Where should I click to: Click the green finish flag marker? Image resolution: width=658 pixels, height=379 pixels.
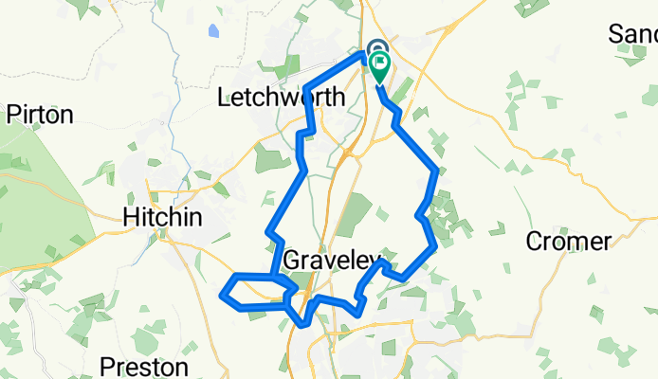380,65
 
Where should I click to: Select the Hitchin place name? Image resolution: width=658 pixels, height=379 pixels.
163,218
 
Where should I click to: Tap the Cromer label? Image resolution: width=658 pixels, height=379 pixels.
568,242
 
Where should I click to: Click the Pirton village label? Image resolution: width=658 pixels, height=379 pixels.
40,116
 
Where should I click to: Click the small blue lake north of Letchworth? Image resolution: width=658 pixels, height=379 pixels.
213,30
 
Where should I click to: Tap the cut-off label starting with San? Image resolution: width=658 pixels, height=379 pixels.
632,35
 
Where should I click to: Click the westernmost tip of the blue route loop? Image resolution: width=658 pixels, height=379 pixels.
222,296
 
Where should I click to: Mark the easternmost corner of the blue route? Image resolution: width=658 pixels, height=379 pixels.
436,171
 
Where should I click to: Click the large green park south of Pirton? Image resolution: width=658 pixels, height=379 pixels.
38,189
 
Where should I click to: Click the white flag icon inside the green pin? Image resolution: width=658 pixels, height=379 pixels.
381,64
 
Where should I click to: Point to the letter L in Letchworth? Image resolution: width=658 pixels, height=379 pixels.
225,97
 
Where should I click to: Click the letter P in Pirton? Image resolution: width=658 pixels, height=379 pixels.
13,116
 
